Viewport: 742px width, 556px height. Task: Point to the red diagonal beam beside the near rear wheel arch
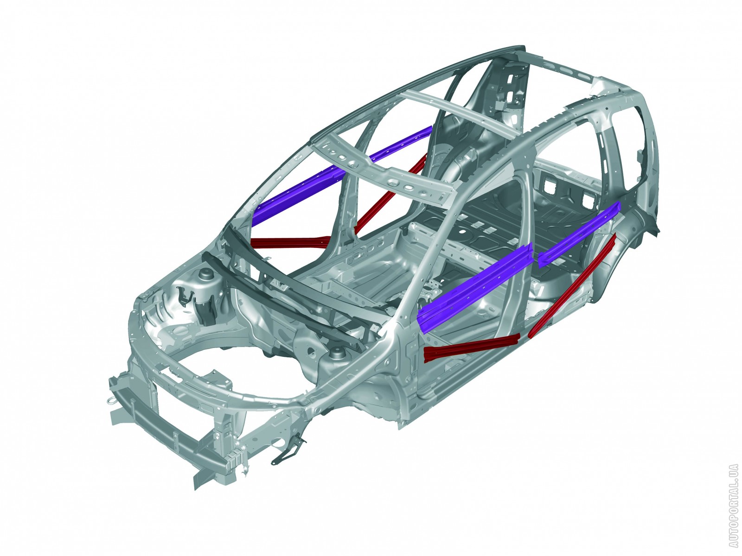[572, 284]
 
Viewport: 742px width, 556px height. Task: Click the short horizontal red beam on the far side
[291, 242]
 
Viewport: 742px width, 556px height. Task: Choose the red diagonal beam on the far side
[390, 193]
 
